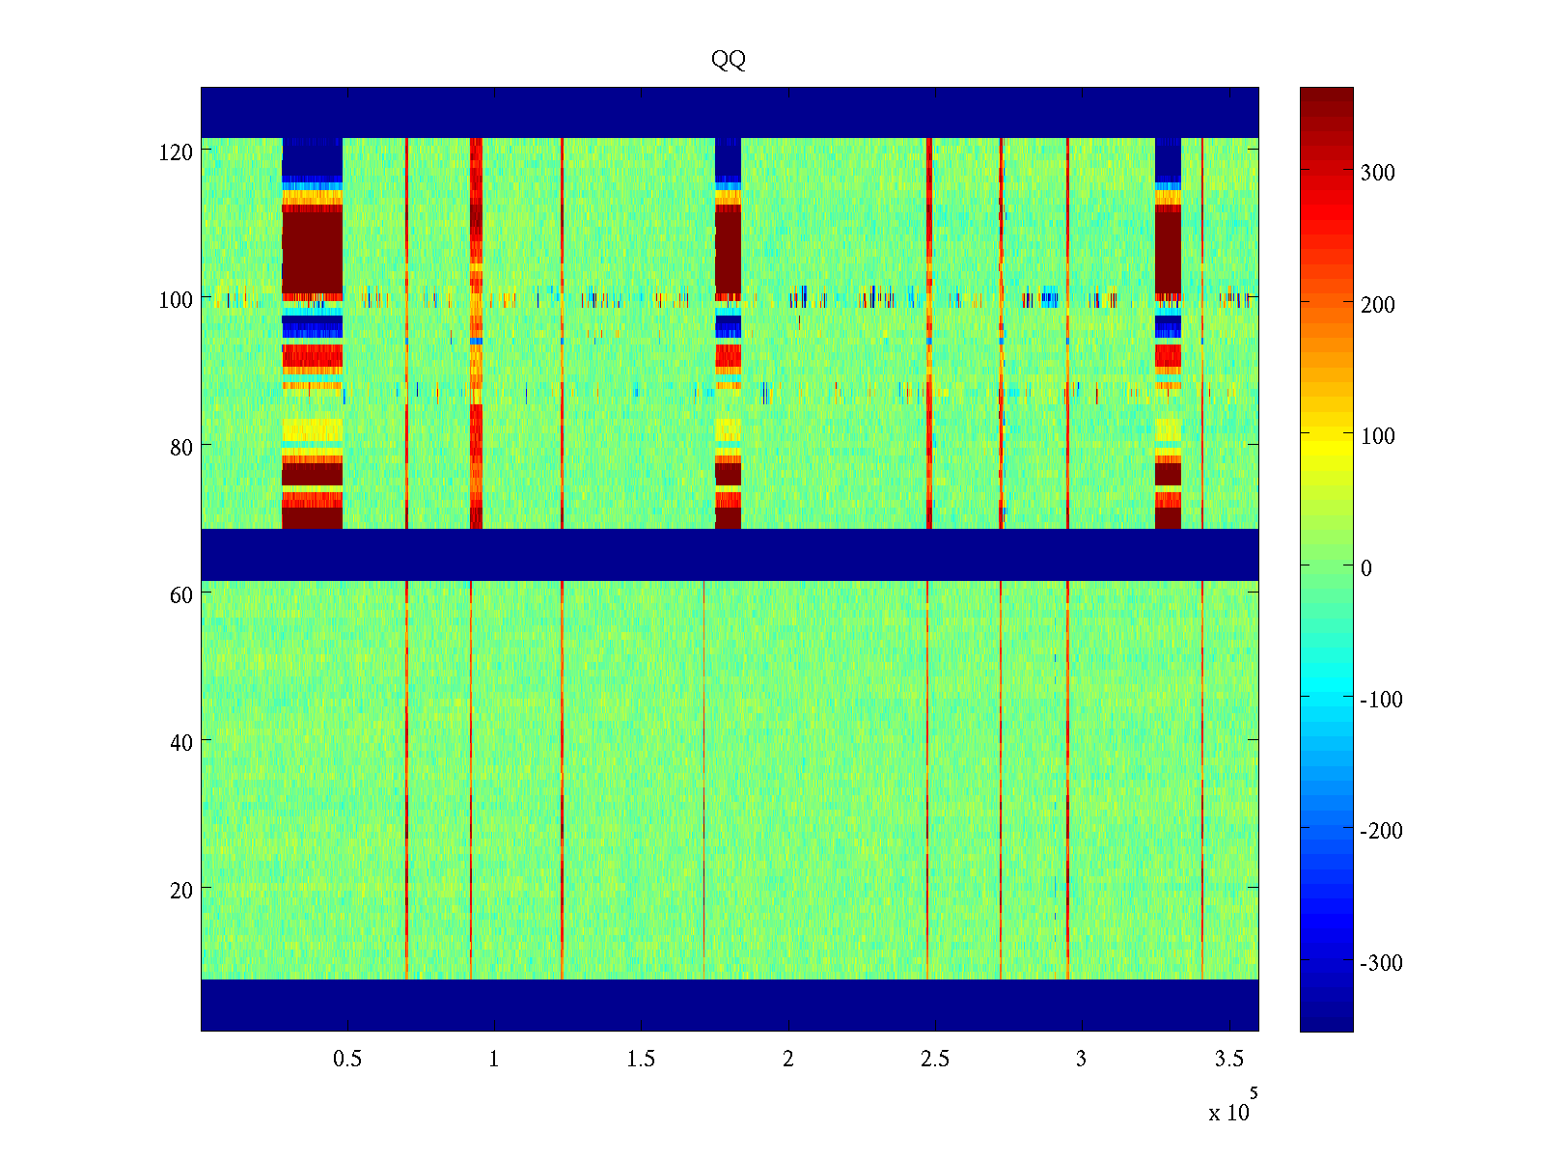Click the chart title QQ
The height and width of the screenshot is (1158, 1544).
729,60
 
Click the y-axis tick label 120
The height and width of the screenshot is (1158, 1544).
176,152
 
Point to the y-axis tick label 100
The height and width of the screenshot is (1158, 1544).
176,299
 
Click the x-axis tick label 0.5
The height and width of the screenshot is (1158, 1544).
347,1059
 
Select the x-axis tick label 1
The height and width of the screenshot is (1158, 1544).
494,1059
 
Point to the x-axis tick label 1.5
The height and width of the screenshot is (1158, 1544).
641,1059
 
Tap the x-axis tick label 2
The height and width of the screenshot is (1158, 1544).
788,1059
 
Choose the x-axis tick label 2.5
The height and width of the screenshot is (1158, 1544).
935,1059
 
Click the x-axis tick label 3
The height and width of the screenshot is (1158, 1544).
1082,1059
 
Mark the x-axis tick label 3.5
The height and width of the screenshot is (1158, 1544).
1228,1059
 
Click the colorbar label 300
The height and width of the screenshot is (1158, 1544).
1378,173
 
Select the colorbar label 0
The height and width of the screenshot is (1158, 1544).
1365,567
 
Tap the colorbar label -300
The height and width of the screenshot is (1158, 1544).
1381,963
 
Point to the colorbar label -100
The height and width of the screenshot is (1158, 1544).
1381,700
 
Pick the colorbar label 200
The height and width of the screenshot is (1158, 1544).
1378,305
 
